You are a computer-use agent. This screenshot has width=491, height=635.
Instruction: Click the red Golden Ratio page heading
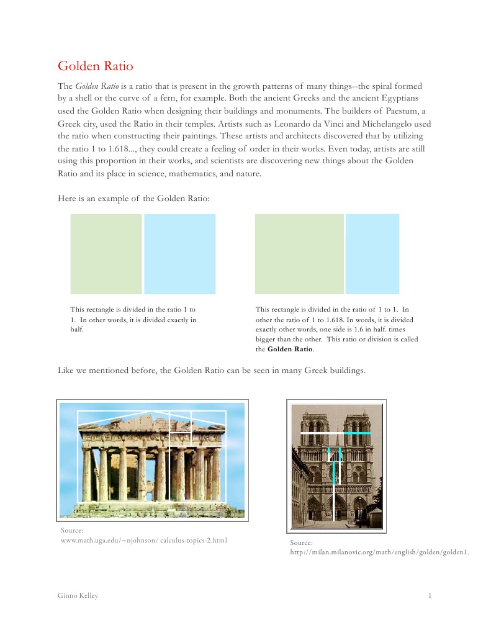[95, 66]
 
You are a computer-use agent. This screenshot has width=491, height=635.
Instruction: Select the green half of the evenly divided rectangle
[106, 254]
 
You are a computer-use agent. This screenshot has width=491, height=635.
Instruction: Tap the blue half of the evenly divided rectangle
[180, 254]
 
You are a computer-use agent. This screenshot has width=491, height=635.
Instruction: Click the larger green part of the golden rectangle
[299, 254]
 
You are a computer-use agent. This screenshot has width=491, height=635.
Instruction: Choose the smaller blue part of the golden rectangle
[372, 254]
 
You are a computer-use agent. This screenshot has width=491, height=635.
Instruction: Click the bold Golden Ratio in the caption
[290, 349]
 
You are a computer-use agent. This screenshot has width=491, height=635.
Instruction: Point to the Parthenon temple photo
[152, 460]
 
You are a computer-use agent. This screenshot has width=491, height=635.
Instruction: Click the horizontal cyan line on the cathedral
[357, 432]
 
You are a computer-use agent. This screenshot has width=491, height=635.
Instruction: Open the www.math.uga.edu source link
[143, 540]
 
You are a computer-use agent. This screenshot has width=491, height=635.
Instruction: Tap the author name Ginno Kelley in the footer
[78, 596]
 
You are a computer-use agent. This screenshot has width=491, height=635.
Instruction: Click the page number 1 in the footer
[430, 596]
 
